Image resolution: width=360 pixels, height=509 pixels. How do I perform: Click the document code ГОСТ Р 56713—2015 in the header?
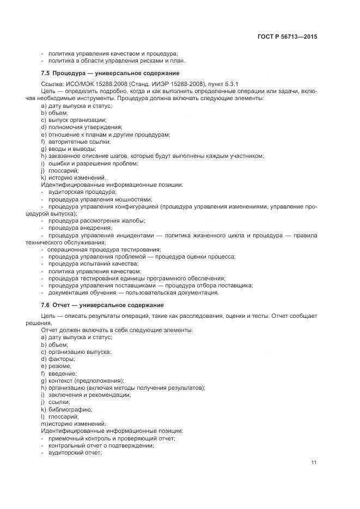[288, 36]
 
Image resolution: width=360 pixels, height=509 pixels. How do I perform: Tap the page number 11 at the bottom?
[314, 463]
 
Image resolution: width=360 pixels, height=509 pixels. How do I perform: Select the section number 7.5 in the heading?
[46, 73]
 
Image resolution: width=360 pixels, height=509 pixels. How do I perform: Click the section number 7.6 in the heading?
[46, 305]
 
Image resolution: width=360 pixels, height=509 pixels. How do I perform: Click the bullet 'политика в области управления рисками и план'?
[113, 61]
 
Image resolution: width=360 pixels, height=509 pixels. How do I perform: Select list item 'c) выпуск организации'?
[74, 120]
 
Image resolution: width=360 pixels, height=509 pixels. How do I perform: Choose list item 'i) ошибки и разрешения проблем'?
[90, 163]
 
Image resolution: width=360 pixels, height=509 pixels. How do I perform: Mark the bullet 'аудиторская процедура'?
[82, 192]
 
